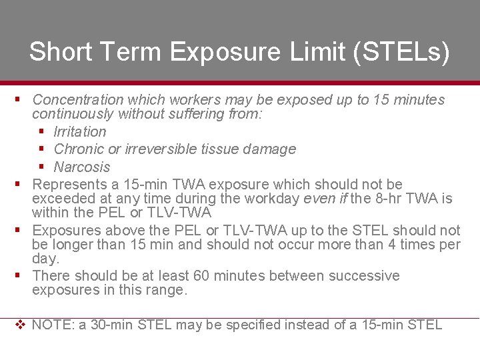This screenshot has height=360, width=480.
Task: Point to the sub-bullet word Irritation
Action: coord(80,132)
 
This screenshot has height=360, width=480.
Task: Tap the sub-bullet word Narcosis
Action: coord(81,167)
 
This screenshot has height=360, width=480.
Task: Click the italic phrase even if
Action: coord(326,199)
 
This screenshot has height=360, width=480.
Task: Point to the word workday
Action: coord(274,199)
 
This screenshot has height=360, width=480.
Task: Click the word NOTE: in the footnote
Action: coord(53,325)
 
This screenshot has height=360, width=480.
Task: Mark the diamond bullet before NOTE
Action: coord(20,325)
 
